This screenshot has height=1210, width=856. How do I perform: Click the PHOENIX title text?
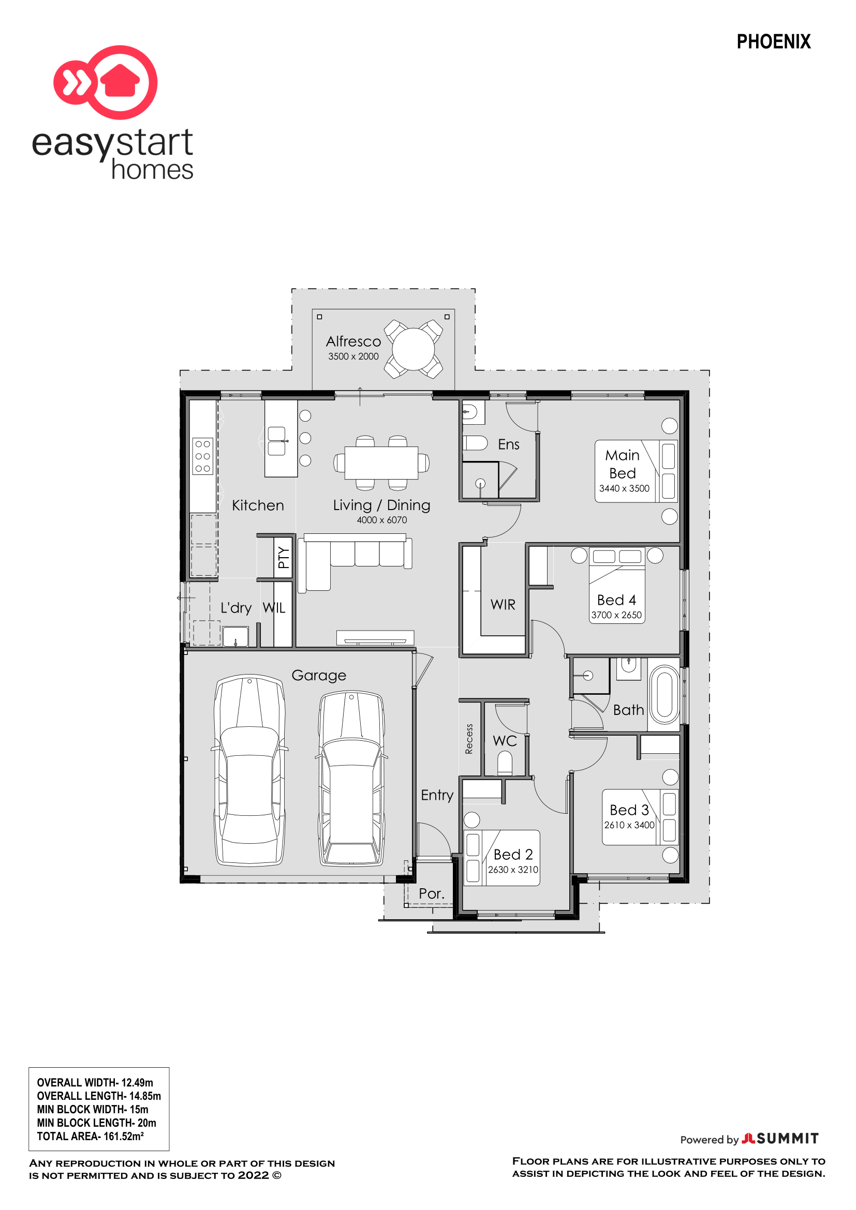[773, 41]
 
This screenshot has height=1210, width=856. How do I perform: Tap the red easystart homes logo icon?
[106, 82]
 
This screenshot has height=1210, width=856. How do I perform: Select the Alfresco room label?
[353, 341]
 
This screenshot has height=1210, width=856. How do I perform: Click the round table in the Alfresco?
[413, 349]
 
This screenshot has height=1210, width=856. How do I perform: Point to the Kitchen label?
[258, 505]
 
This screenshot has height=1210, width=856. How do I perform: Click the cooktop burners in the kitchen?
[203, 456]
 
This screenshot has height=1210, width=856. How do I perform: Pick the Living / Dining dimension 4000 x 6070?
[381, 520]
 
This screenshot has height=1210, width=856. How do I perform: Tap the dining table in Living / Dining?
[381, 462]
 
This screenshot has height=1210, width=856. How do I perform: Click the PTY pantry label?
[284, 558]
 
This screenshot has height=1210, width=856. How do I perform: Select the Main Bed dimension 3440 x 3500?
[624, 488]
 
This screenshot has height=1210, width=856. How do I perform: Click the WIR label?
[503, 605]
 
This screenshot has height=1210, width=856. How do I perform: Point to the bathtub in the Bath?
[665, 695]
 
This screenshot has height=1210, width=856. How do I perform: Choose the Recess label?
[468, 739]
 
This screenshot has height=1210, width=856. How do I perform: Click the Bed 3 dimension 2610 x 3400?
[629, 825]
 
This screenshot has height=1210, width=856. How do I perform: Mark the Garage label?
[319, 676]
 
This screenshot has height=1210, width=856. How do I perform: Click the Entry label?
[437, 795]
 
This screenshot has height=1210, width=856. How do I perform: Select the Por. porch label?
[432, 894]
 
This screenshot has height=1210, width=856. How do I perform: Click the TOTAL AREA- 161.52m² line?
[90, 1136]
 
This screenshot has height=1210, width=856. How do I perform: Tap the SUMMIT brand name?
[788, 1139]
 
